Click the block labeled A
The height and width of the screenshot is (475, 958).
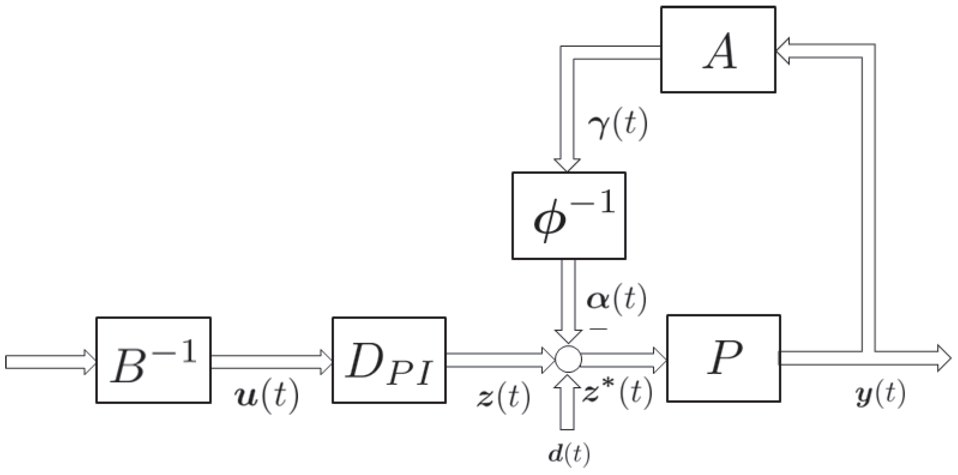click(718, 50)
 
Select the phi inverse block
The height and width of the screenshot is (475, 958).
click(569, 216)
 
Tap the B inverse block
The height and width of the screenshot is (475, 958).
click(153, 360)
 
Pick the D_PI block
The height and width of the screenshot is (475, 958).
click(389, 360)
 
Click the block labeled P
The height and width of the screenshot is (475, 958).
click(723, 358)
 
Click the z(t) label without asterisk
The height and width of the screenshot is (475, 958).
click(503, 398)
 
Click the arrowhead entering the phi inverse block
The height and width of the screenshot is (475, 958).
click(567, 164)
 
